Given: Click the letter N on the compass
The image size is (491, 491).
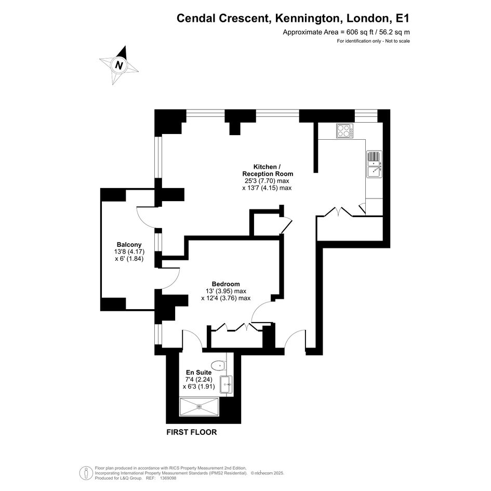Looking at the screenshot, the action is coord(118,65).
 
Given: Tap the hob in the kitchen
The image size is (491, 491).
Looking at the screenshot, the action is coord(345,131).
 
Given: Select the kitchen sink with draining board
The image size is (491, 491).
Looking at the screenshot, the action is coord(375,164).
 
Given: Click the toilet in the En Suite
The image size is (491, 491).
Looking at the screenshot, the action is coord(219,365).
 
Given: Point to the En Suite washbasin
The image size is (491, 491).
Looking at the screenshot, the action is coord(226,384).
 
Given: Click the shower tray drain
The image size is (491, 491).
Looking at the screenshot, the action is coord(199,406).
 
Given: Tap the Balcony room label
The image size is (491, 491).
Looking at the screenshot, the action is coord(129,245).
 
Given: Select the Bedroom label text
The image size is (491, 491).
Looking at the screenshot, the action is coord(226,284).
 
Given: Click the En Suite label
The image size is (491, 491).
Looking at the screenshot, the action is coord(199,373).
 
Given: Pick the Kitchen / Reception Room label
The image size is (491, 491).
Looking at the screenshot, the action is coord(268,170).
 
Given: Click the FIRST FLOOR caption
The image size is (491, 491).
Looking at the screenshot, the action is coord(192,432).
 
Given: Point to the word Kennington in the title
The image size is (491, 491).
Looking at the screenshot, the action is coord(308,18).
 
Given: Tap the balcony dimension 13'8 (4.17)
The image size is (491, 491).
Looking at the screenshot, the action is coord(129,251).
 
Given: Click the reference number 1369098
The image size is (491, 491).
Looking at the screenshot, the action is coord(168,478).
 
